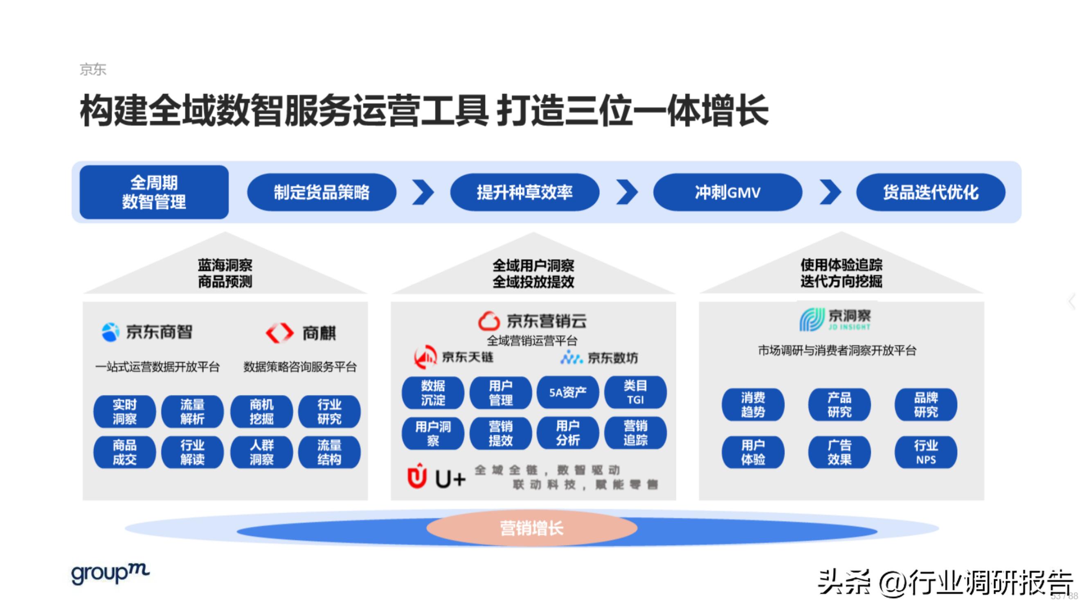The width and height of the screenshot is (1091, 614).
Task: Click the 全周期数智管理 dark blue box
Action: click(x=154, y=192)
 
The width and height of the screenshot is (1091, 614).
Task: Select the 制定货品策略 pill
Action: click(x=322, y=192)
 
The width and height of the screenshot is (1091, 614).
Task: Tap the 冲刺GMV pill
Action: click(x=727, y=192)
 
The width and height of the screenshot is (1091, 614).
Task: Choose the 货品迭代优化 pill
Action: click(x=931, y=192)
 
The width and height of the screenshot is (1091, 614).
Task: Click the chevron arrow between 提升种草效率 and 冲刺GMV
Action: click(x=627, y=192)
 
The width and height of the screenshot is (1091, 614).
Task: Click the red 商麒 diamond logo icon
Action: click(x=279, y=333)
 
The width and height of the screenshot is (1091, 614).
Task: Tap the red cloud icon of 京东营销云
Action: click(x=489, y=321)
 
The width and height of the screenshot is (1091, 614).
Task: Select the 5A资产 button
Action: click(x=567, y=393)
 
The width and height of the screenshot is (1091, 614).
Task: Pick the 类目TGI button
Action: click(x=635, y=393)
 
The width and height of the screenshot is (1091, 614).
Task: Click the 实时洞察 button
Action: click(x=124, y=411)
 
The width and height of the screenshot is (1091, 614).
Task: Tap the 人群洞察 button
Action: click(x=261, y=452)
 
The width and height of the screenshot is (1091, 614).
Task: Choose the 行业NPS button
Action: click(x=925, y=452)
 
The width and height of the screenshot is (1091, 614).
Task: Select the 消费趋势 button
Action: click(x=753, y=405)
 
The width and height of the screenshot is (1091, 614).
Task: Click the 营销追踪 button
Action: click(x=635, y=433)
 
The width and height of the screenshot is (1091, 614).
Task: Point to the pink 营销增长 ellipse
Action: click(x=531, y=528)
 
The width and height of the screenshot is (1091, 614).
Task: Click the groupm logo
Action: click(x=110, y=574)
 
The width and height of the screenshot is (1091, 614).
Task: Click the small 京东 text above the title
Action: click(x=93, y=69)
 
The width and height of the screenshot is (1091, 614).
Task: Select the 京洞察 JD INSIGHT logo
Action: click(x=835, y=320)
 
